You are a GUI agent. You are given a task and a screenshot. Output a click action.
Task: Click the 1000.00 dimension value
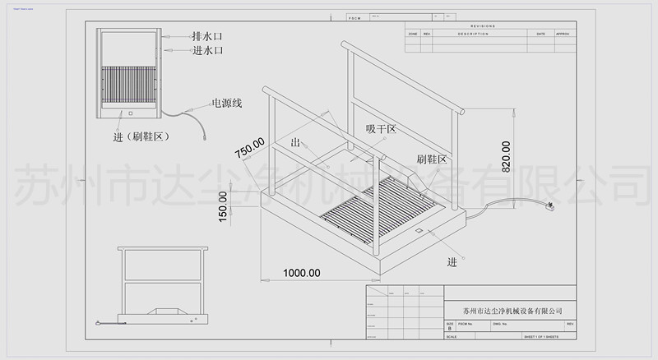pos(302,273)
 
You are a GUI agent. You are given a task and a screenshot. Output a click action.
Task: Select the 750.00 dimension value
pos(249,148)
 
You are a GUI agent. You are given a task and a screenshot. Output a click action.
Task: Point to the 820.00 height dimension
pos(506,157)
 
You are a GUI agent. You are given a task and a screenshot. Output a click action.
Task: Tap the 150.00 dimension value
pos(223,206)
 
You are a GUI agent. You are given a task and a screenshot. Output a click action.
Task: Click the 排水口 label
pos(207,37)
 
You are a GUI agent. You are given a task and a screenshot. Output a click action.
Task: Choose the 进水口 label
pos(207,51)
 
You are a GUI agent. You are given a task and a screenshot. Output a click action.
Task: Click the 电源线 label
pos(226,104)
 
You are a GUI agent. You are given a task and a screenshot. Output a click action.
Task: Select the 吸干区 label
pos(381,129)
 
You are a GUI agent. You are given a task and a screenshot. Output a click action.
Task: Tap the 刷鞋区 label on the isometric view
pos(431,159)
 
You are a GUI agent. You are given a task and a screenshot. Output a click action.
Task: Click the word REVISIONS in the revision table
pos(483,26)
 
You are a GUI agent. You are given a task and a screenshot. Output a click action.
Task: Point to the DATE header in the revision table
pos(540,34)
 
